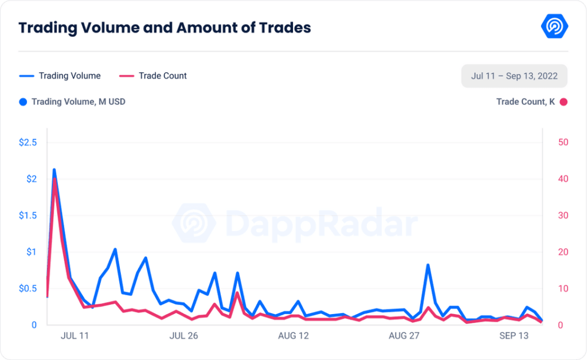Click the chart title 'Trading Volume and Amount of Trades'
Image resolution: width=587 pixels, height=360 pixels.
(x=165, y=28)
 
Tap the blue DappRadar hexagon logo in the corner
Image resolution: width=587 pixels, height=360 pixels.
(x=554, y=27)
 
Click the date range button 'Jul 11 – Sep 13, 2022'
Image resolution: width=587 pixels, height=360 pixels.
(x=514, y=76)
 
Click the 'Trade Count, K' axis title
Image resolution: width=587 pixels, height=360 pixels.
(x=526, y=102)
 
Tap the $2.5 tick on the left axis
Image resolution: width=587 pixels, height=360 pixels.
(x=28, y=142)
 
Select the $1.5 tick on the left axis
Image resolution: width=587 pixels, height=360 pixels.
(x=28, y=215)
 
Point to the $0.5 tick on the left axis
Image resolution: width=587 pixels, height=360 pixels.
(x=28, y=288)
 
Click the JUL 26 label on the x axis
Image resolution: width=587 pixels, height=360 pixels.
(x=183, y=336)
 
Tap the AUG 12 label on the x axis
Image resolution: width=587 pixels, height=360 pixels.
(x=293, y=336)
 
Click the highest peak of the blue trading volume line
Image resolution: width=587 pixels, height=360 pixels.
(x=54, y=170)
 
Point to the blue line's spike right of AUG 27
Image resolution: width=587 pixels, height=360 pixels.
(x=428, y=265)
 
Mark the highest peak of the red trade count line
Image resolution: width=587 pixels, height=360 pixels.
(x=54, y=179)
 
